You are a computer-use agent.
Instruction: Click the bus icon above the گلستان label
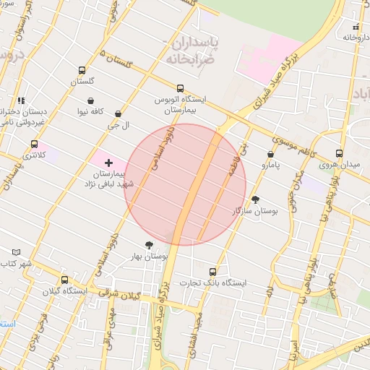click(x=82, y=71)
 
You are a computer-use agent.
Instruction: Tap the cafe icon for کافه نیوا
click(x=91, y=100)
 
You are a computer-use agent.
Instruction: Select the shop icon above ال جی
click(x=117, y=113)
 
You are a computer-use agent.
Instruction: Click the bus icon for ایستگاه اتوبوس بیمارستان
click(x=180, y=88)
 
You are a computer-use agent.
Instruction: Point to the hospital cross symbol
click(x=109, y=163)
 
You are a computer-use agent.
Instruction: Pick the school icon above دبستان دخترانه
click(x=21, y=100)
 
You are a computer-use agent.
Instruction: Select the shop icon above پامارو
click(x=270, y=154)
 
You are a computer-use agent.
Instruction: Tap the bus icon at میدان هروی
click(x=339, y=153)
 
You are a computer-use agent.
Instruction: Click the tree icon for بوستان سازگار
click(x=255, y=199)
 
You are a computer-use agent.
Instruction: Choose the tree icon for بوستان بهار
click(x=149, y=245)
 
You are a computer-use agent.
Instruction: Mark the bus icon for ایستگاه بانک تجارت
click(x=212, y=270)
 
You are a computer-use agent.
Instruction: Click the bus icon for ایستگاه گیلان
click(x=65, y=280)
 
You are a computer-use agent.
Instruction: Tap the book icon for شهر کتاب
click(x=17, y=252)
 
